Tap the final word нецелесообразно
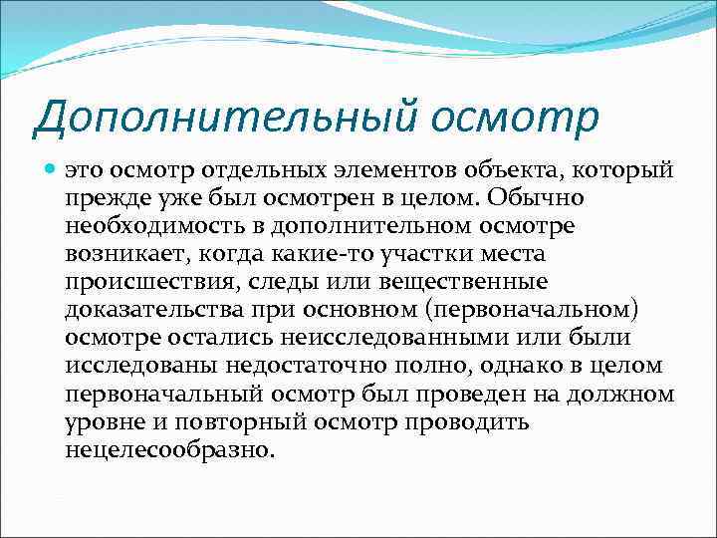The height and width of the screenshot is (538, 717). pos(169,450)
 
